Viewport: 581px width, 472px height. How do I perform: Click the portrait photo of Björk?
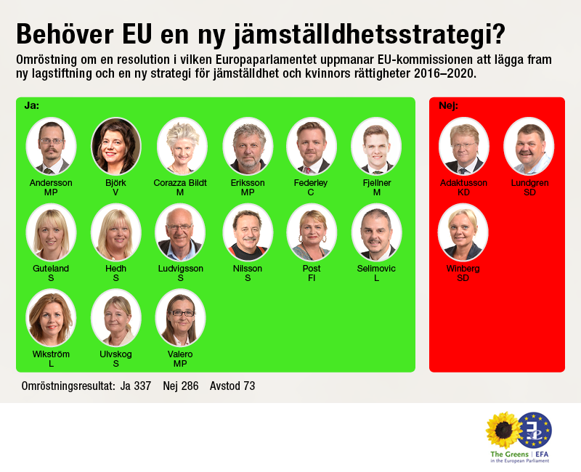coord(116,145)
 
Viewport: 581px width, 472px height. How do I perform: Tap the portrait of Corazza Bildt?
coord(181,145)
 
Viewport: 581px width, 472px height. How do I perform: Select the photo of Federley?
coord(312,145)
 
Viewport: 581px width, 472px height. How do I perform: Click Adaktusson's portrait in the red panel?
coord(464,145)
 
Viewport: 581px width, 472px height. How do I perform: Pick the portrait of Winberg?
coord(463,232)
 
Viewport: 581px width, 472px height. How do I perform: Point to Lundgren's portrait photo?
coord(529,145)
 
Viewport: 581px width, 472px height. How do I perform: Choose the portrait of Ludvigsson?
coord(181,232)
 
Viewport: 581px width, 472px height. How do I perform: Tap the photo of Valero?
coord(181,317)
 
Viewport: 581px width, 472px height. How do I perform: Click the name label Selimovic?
coord(376,269)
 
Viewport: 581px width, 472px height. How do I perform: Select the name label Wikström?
coord(51,354)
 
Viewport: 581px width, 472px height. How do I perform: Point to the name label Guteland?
coord(51,269)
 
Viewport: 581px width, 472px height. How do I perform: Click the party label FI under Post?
coord(312,277)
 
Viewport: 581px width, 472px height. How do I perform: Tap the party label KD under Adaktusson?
coord(464,192)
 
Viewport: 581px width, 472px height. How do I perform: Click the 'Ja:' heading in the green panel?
coord(32,105)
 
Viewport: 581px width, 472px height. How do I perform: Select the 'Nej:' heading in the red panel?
coord(448,105)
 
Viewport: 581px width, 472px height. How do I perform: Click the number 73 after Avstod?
coord(248,386)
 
